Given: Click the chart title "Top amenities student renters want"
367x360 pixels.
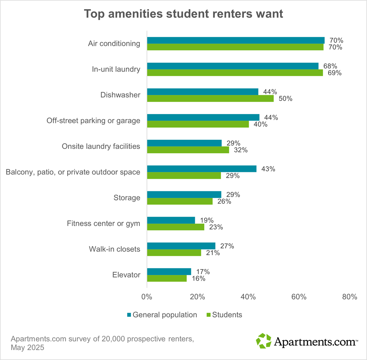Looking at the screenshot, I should tap(183, 14).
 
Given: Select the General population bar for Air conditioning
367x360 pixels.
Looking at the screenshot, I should tap(236, 40).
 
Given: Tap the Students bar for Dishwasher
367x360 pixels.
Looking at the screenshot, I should tap(210, 98).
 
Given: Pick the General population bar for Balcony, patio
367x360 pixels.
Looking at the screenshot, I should tap(202, 169).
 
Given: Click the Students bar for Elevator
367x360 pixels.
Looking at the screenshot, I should tap(167, 278).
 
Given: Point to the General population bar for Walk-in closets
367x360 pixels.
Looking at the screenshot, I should tap(181, 246).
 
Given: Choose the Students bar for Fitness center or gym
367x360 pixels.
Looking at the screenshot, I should tap(175, 227).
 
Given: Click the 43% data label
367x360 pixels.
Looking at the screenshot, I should tap(268, 169).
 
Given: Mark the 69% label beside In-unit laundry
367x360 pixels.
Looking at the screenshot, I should tap(334, 73).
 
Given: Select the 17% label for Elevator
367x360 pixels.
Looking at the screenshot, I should tap(203, 272).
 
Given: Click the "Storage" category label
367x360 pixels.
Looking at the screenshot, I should tap(127, 198).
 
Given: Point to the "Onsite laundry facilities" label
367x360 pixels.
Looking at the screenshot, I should tap(101, 146).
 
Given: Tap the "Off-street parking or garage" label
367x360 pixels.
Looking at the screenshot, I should tap(93, 121).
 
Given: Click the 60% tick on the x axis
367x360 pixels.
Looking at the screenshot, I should tap(299, 297).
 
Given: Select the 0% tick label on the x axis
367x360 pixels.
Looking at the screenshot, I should tap(147, 297).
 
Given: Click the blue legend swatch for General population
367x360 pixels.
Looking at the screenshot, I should tap(129, 315).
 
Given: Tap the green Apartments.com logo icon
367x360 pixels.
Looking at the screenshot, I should tap(264, 341).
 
